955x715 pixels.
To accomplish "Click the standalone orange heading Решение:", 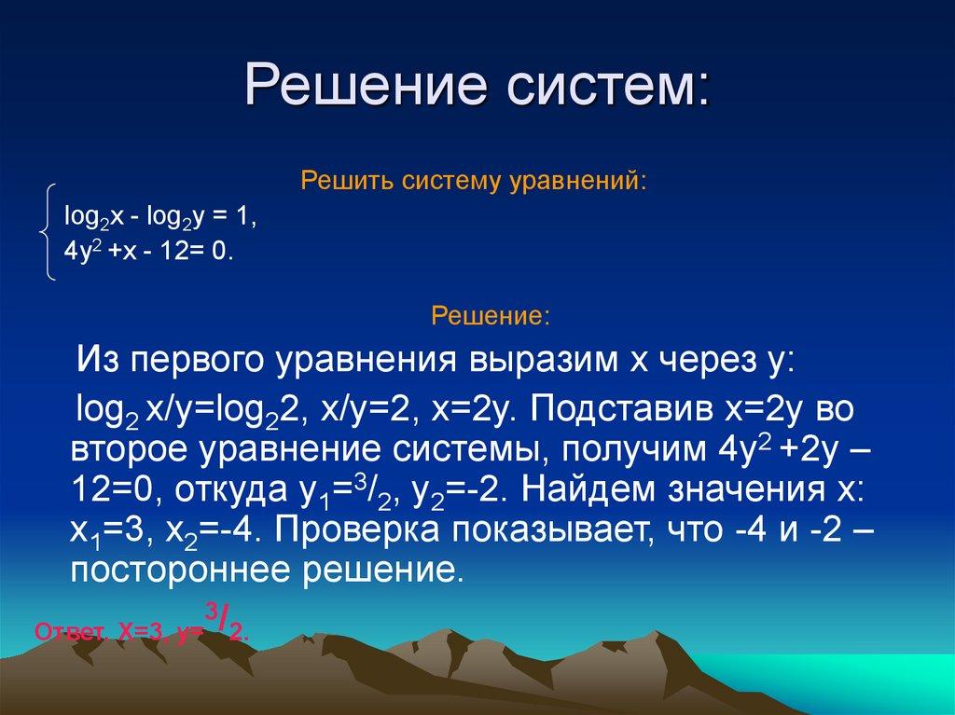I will click(490, 317).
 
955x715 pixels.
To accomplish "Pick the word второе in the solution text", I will click(129, 450).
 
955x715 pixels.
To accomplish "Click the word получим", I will click(621, 450).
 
